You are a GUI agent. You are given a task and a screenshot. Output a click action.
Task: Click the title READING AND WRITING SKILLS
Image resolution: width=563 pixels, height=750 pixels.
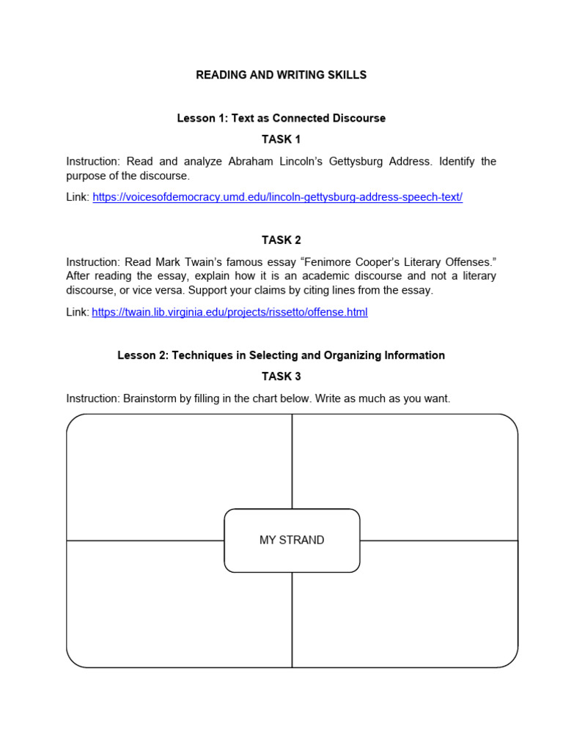tap(281, 75)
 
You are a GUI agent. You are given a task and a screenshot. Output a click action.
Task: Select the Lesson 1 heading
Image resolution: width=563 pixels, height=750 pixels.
tap(281, 118)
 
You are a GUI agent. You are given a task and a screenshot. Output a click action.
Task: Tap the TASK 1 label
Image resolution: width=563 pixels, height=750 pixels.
tap(281, 139)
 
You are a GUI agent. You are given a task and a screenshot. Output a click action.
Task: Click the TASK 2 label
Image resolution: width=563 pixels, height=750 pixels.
tap(281, 240)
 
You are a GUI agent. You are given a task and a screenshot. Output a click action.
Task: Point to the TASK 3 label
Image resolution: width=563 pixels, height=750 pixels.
tap(281, 376)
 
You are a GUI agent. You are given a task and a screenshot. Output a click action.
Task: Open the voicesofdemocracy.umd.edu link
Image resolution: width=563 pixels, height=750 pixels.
tap(277, 198)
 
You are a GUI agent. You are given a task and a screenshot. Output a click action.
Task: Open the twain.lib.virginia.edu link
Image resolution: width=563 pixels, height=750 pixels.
tap(229, 312)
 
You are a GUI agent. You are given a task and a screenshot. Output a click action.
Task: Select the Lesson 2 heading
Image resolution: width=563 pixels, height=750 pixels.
tap(281, 355)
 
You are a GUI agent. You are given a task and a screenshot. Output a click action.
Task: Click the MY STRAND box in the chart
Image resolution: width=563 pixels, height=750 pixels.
tap(292, 541)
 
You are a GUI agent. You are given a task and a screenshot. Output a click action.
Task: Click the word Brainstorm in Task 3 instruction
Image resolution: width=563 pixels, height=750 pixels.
tap(150, 398)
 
